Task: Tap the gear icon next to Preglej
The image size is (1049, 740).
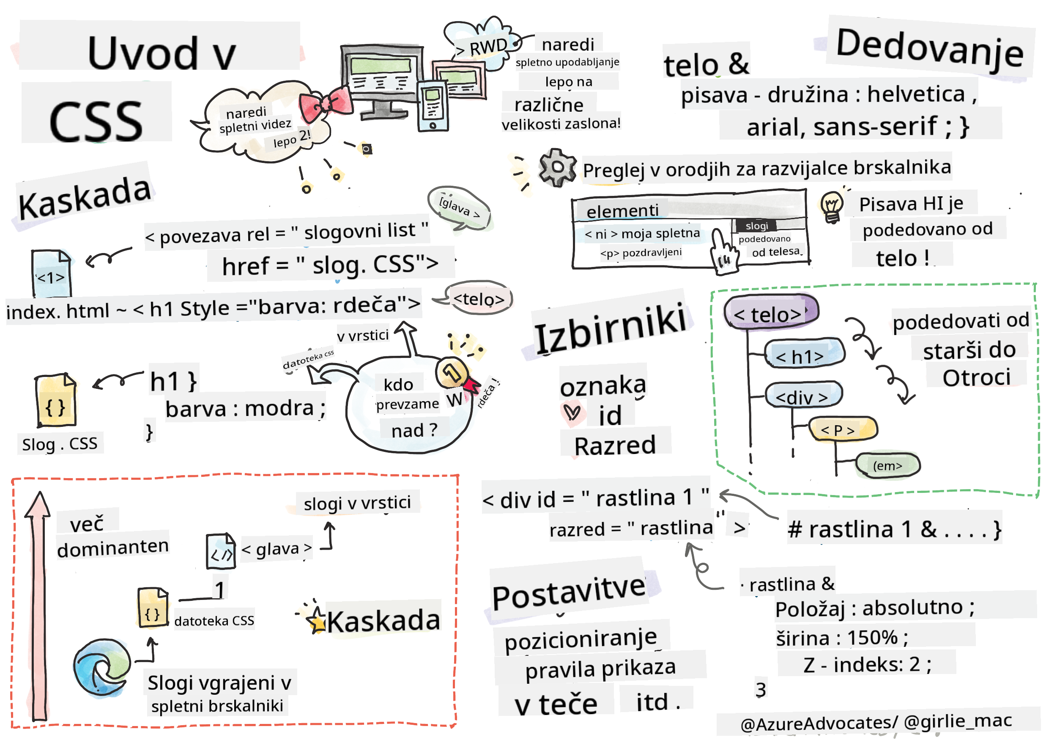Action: click(x=557, y=167)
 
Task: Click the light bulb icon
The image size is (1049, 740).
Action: click(x=832, y=206)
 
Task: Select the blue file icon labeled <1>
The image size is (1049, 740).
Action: click(x=51, y=273)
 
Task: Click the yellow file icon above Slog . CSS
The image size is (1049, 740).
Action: click(x=56, y=400)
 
